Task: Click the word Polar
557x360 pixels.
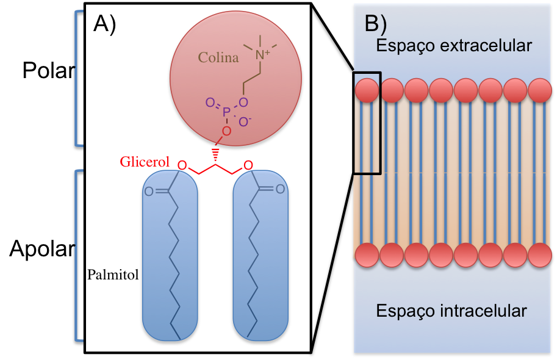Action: (x=48, y=71)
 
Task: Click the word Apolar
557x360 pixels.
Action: (x=41, y=250)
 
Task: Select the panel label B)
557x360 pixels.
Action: (x=375, y=23)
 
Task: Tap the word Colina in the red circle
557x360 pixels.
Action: (x=218, y=58)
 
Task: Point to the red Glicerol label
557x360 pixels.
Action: (x=145, y=162)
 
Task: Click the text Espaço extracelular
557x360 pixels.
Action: (x=454, y=46)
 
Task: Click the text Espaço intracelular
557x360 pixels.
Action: (x=451, y=311)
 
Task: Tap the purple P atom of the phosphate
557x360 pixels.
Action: (x=226, y=112)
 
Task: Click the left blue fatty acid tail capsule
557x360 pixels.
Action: (x=169, y=256)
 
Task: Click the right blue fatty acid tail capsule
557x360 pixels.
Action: (x=259, y=256)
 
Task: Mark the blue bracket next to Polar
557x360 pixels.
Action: (x=77, y=79)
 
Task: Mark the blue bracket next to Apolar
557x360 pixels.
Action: (x=77, y=256)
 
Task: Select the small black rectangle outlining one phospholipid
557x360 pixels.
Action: (x=367, y=123)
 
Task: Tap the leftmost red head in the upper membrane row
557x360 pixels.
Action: (x=367, y=90)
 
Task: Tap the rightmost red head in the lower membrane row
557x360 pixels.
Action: (x=540, y=254)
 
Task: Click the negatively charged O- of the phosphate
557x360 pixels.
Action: (x=245, y=122)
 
